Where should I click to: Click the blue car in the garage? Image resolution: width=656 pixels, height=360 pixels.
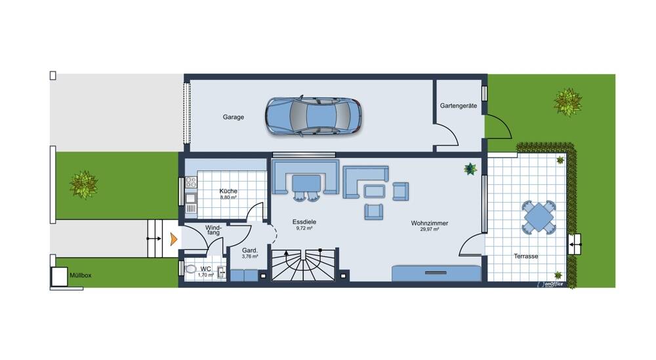pos(313,116)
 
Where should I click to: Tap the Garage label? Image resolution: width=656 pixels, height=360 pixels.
pos(233,117)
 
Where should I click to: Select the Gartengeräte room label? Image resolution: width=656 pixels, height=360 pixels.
pos(458,106)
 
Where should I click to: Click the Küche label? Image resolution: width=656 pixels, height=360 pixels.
pos(228,191)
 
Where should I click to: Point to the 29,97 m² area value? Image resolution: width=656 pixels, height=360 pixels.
pos(429,229)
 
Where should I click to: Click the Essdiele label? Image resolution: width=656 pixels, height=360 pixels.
pos(304,222)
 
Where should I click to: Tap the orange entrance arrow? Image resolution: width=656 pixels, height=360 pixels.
pos(173,239)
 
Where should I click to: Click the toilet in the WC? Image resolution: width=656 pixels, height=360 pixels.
pos(191,269)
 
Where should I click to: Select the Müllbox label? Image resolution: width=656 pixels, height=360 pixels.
pos(80,275)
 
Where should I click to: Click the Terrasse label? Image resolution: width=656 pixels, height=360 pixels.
pos(526,256)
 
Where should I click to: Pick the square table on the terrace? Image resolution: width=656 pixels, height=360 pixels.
pos(539,217)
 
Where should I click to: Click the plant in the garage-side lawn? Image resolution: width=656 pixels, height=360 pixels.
pos(567,102)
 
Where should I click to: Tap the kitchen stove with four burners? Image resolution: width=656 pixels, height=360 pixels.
pos(191,182)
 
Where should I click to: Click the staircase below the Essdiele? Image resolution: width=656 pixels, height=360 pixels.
pos(303,265)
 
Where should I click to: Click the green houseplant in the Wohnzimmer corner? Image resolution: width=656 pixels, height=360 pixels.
pos(470,169)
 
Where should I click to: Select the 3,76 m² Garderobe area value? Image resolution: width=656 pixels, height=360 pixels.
pos(250,257)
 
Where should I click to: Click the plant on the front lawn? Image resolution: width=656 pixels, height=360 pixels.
pos(84,184)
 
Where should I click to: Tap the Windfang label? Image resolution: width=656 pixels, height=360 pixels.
pos(213,230)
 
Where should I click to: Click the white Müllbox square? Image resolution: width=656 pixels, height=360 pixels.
pos(59,276)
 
